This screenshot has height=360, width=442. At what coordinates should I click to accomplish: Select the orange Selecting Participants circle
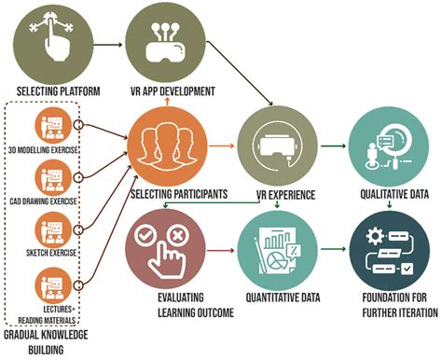(168, 146)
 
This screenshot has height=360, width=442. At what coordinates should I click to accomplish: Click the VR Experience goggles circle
(278, 146)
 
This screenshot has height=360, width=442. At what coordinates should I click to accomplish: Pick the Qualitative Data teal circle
(389, 146)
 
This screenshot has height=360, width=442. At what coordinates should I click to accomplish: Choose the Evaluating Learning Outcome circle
(166, 249)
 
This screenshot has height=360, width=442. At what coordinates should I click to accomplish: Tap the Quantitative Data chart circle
(278, 251)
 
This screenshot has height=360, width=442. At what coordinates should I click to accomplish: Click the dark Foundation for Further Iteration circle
(390, 251)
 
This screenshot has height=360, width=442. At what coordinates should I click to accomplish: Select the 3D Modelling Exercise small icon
(53, 126)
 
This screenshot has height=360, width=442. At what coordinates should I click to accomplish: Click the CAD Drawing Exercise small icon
(53, 178)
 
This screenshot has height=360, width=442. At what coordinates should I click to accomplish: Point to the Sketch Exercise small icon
(53, 230)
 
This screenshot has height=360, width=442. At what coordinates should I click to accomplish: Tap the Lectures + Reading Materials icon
(53, 285)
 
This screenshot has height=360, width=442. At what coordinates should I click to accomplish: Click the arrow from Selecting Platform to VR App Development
(108, 45)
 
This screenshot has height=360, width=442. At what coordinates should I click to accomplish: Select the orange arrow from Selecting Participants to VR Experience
(221, 145)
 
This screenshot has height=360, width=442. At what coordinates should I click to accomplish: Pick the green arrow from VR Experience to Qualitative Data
(333, 145)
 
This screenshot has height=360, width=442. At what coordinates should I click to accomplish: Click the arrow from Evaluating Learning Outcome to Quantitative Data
(220, 250)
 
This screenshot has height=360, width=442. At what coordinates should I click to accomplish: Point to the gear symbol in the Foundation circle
(375, 236)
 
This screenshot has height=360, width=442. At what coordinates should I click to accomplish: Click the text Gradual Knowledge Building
(46, 342)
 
